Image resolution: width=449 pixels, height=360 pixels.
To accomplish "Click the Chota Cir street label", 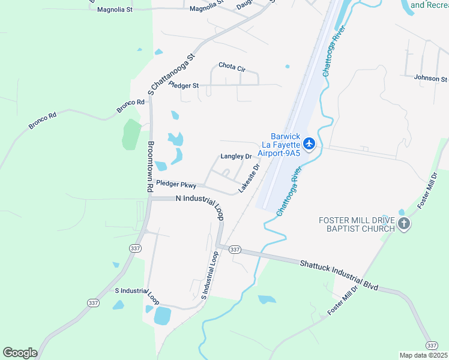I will (232, 67).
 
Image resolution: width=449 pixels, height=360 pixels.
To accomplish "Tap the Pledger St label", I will (184, 86).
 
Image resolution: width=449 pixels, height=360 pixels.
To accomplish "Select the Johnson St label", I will (430, 78).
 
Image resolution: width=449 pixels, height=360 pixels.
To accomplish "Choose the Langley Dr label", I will (236, 156).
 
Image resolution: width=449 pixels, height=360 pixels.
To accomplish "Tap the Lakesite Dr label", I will (249, 178).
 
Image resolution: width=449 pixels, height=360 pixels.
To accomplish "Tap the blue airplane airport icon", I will (309, 143).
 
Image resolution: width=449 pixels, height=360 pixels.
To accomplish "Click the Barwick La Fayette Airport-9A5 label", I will (280, 145).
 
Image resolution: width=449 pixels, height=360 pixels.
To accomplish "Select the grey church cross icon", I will (404, 224).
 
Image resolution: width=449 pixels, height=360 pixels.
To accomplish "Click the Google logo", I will (20, 353).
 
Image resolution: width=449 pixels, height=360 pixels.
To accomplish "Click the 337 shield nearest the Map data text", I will (432, 345).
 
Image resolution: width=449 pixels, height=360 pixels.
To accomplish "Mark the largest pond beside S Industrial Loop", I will (162, 315).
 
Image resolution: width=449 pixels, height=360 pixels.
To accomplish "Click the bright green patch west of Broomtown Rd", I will (131, 134).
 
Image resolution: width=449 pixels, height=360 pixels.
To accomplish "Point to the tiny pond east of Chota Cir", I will (287, 66).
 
